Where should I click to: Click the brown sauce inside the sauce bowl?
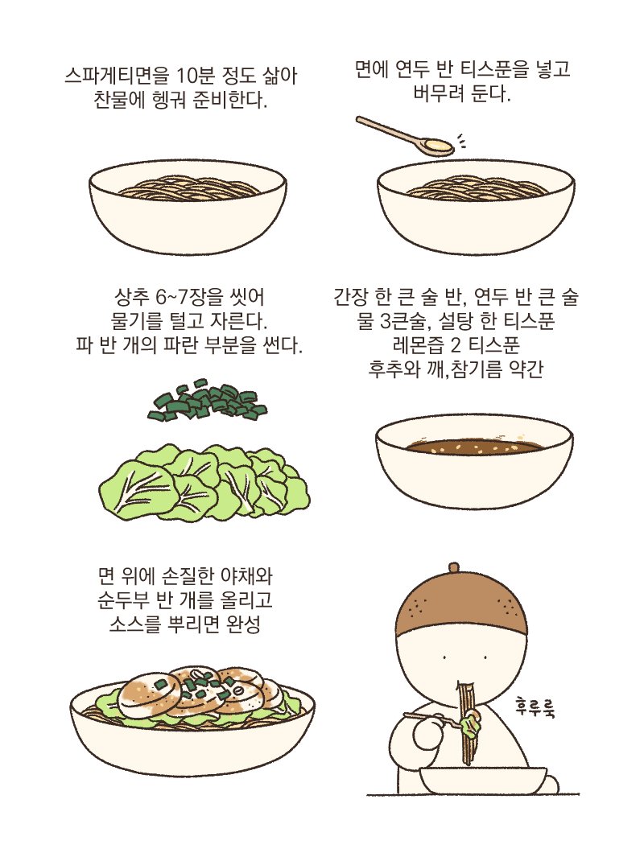(473, 447)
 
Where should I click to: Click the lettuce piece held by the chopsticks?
(471, 727)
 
